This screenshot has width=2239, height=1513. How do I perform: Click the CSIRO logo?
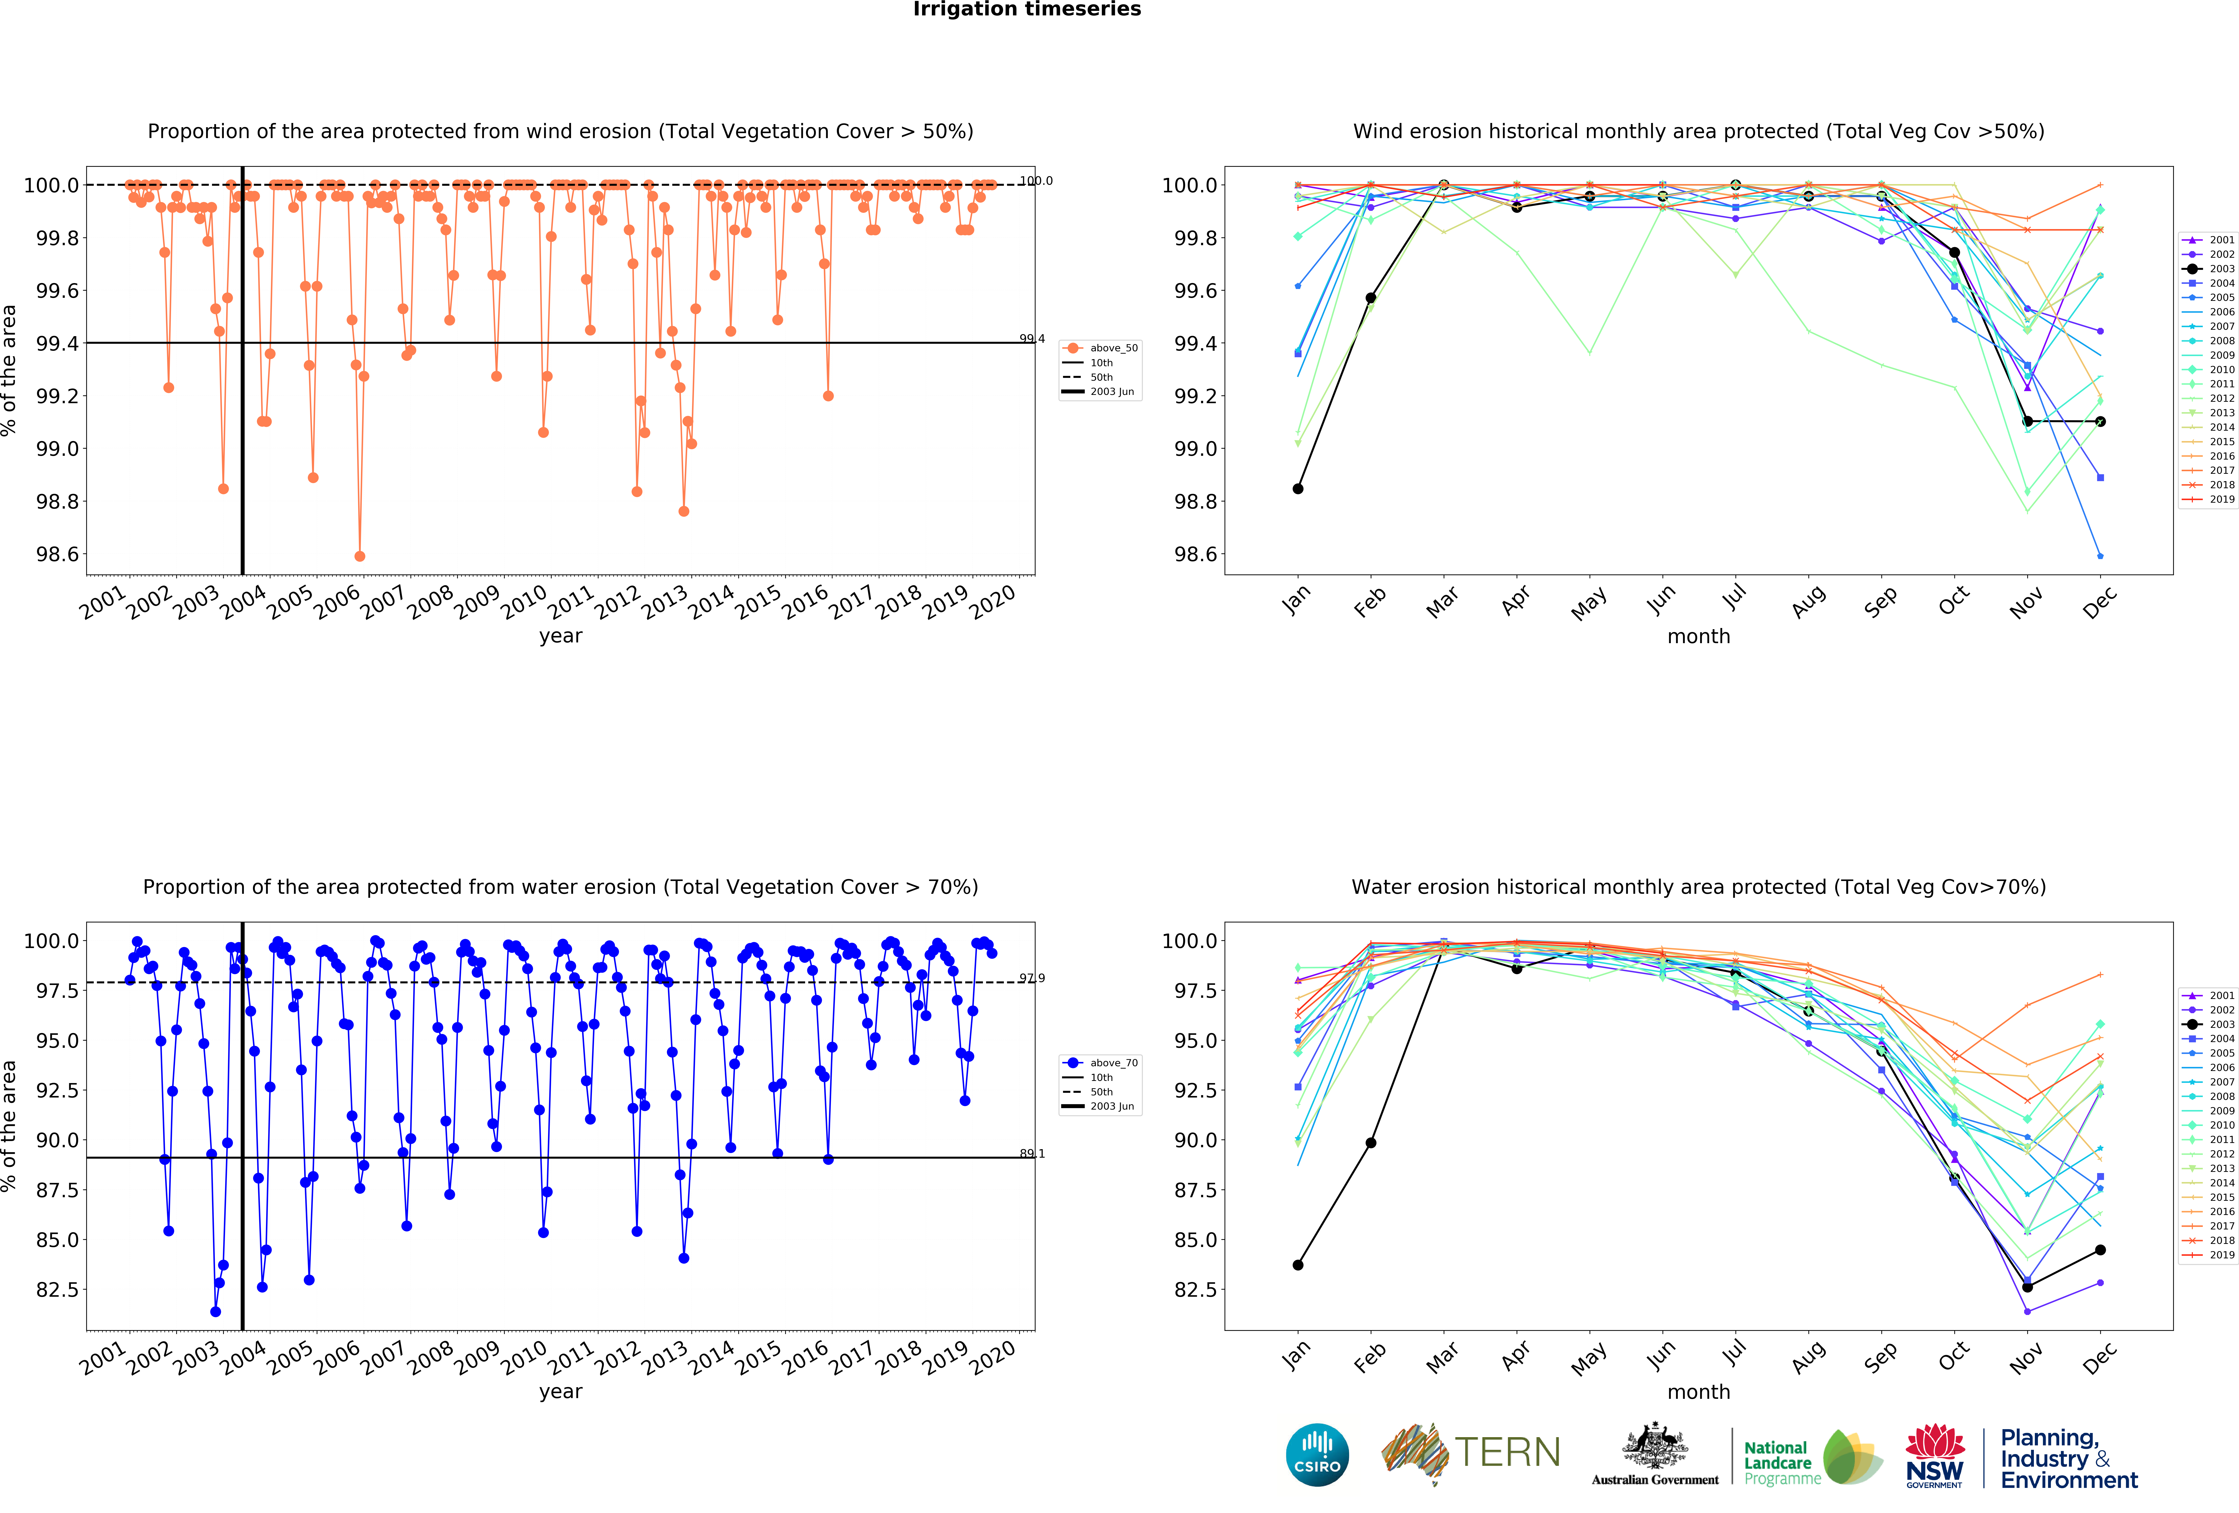tap(1317, 1454)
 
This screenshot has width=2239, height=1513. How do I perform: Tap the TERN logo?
tap(1471, 1452)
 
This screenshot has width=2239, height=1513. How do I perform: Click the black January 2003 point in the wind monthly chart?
tap(1298, 489)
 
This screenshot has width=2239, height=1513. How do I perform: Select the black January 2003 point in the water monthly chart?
tap(1298, 1264)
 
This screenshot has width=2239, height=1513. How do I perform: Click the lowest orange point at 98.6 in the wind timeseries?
tap(359, 556)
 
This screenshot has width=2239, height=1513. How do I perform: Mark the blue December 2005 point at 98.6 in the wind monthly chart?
tap(2100, 556)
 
